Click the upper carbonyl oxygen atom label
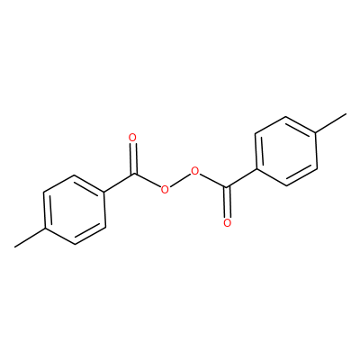point(132,138)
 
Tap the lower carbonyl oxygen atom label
point(228,223)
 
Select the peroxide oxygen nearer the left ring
point(165,190)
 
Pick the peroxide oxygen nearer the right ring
point(195,171)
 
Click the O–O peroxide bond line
point(180,181)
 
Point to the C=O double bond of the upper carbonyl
point(133,158)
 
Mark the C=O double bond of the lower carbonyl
point(227,202)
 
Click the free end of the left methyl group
point(14,247)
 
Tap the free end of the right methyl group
point(346,113)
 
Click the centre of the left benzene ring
point(75,210)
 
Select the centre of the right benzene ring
point(286,151)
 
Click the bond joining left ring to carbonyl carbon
point(120,184)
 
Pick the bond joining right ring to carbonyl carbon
point(241,178)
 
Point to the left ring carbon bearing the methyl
point(45,229)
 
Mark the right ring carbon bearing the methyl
point(316,132)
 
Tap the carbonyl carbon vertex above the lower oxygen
point(227,187)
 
